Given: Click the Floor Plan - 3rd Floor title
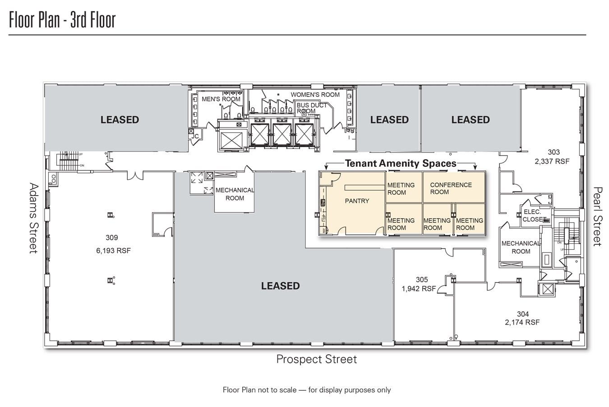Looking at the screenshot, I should pyautogui.click(x=62, y=20).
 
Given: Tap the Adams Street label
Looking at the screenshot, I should pyautogui.click(x=34, y=218).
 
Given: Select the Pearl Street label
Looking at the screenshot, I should pyautogui.click(x=597, y=216).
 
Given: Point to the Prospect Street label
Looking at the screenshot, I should pyautogui.click(x=316, y=359).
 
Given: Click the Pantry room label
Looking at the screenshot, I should pyautogui.click(x=357, y=201).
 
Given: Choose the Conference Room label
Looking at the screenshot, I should pyautogui.click(x=451, y=188).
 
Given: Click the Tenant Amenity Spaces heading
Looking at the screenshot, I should pyautogui.click(x=401, y=164).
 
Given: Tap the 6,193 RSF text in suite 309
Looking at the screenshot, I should pyautogui.click(x=113, y=251).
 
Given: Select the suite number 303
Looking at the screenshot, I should pyautogui.click(x=554, y=152).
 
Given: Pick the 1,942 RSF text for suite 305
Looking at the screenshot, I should pyautogui.click(x=419, y=288).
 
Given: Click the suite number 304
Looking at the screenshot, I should pyautogui.click(x=523, y=314).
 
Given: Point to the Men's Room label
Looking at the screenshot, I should pyautogui.click(x=221, y=99).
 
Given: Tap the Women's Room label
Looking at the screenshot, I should pyautogui.click(x=315, y=95).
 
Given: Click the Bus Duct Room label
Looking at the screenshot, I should pyautogui.click(x=311, y=108).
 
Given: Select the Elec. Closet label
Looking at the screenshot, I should pyautogui.click(x=533, y=215).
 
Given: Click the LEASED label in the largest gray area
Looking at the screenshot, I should pyautogui.click(x=280, y=286).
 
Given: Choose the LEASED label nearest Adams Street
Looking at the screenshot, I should pyautogui.click(x=120, y=119).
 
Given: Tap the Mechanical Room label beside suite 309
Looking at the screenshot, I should pyautogui.click(x=235, y=194).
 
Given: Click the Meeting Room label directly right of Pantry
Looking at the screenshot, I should pyautogui.click(x=401, y=189).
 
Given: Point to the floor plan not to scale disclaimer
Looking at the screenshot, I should pyautogui.click(x=307, y=390).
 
